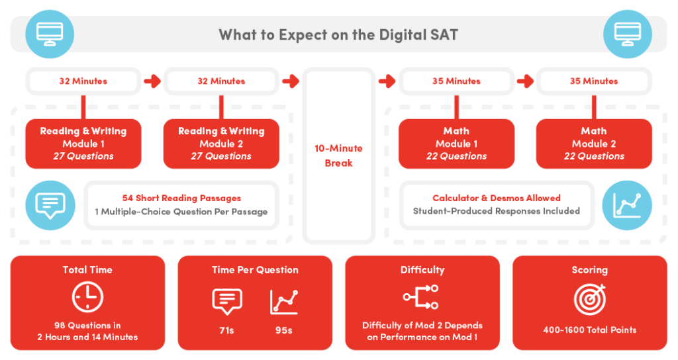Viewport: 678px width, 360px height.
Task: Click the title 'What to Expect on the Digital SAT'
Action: tap(338, 34)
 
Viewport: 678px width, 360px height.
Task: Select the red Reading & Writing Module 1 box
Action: tap(83, 144)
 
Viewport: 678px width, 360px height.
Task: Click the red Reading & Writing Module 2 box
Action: tap(221, 144)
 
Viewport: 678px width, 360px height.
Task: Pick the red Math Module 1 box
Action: tap(456, 144)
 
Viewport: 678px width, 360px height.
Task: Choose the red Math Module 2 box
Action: tap(594, 144)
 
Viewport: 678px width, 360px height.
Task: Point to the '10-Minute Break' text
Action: tap(338, 156)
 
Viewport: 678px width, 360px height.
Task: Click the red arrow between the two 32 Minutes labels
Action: tap(152, 81)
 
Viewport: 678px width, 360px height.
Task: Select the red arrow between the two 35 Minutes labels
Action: tap(525, 81)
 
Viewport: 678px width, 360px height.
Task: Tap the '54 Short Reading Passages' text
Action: tap(181, 198)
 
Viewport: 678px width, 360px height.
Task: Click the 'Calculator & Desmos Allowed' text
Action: tap(497, 198)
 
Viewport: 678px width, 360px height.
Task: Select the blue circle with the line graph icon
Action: tap(628, 205)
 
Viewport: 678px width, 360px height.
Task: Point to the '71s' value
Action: tap(227, 330)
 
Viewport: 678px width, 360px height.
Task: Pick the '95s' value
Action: tap(283, 330)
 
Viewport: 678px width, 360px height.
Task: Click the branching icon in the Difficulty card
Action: tap(422, 297)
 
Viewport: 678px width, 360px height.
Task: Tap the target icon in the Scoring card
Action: tap(589, 299)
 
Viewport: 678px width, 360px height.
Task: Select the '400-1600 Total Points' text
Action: tap(589, 330)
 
